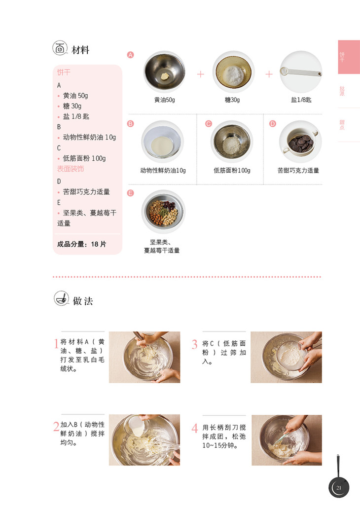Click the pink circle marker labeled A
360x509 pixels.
[x=130, y=55]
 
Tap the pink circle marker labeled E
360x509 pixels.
[x=130, y=193]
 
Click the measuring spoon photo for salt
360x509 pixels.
[x=301, y=72]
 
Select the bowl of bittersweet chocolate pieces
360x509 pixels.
[x=300, y=142]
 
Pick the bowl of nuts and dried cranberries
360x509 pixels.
[x=163, y=212]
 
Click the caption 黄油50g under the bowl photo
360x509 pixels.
[x=165, y=100]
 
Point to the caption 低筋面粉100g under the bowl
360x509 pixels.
[x=232, y=171]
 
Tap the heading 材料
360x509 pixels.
[x=80, y=50]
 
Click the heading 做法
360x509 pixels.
[x=83, y=301]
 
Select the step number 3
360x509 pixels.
[x=194, y=344]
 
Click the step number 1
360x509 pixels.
[x=56, y=343]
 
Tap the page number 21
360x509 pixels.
[x=339, y=488]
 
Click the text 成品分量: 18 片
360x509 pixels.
[x=81, y=244]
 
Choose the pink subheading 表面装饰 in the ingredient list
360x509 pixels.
[x=71, y=169]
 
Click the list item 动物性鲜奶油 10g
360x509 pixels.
[x=89, y=137]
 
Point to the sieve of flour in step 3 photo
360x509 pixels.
[x=291, y=356]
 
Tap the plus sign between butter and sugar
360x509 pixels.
[x=201, y=74]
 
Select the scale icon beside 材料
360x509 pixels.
[x=60, y=48]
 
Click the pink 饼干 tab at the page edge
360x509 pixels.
[x=349, y=57]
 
